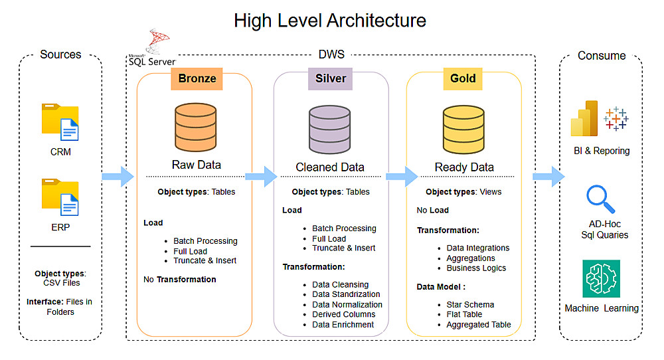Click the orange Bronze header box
[x=197, y=78]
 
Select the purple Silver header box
[x=331, y=78]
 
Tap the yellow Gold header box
[x=463, y=78]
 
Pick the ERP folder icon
[x=60, y=197]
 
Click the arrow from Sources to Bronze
[x=118, y=176]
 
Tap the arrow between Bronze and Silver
[x=260, y=176]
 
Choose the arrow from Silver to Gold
[x=402, y=176]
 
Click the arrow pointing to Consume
[x=548, y=177]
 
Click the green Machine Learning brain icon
[x=602, y=278]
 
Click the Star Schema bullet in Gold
[x=469, y=305]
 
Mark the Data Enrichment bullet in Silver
[x=343, y=325]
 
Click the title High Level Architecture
[x=330, y=21]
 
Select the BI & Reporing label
[x=602, y=151]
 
